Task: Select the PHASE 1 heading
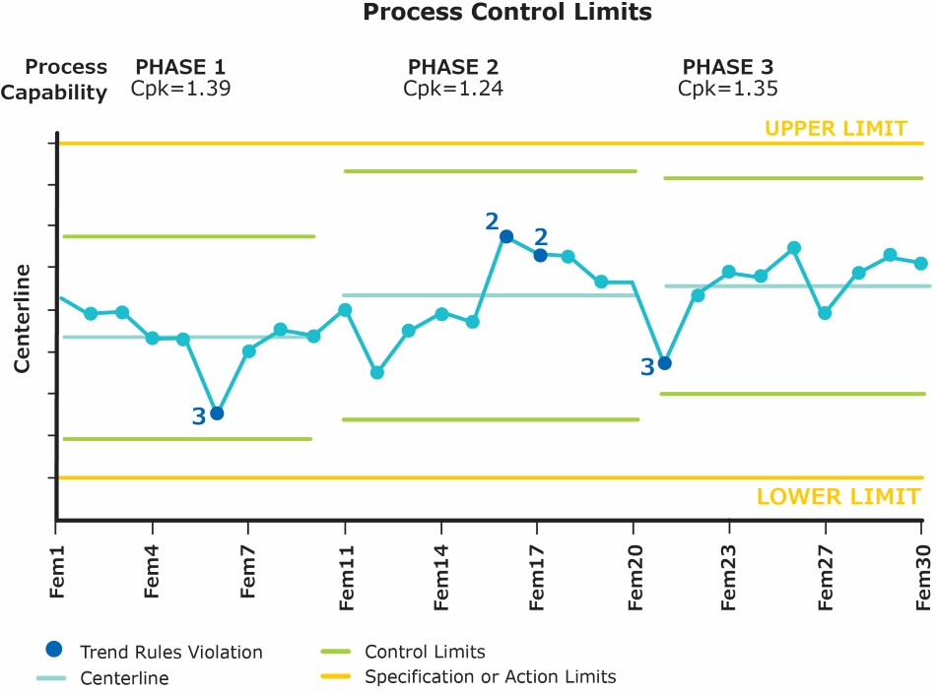point(180,67)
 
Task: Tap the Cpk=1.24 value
point(453,89)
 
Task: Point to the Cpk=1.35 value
point(727,89)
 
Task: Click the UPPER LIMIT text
point(836,128)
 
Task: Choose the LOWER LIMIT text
point(837,496)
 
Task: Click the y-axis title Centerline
point(22,317)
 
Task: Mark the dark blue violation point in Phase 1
point(217,413)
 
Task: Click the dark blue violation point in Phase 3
point(665,363)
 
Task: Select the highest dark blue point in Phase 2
point(506,236)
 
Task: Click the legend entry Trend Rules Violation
point(170,652)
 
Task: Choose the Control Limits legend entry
point(425,652)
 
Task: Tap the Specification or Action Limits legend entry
point(490,677)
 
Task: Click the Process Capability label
point(66,80)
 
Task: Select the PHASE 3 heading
point(727,67)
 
